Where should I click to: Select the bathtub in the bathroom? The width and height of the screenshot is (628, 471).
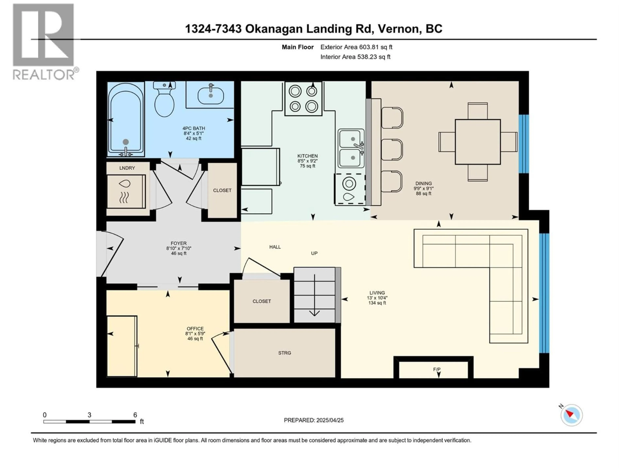click(x=125, y=119)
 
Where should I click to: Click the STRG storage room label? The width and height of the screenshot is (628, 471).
click(x=284, y=353)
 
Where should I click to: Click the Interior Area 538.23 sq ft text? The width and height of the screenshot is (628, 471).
click(x=355, y=57)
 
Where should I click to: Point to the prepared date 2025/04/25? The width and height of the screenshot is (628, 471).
click(x=314, y=420)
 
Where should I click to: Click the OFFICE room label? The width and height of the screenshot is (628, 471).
click(x=195, y=329)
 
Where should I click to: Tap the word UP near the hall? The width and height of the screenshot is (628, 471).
click(x=314, y=253)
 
